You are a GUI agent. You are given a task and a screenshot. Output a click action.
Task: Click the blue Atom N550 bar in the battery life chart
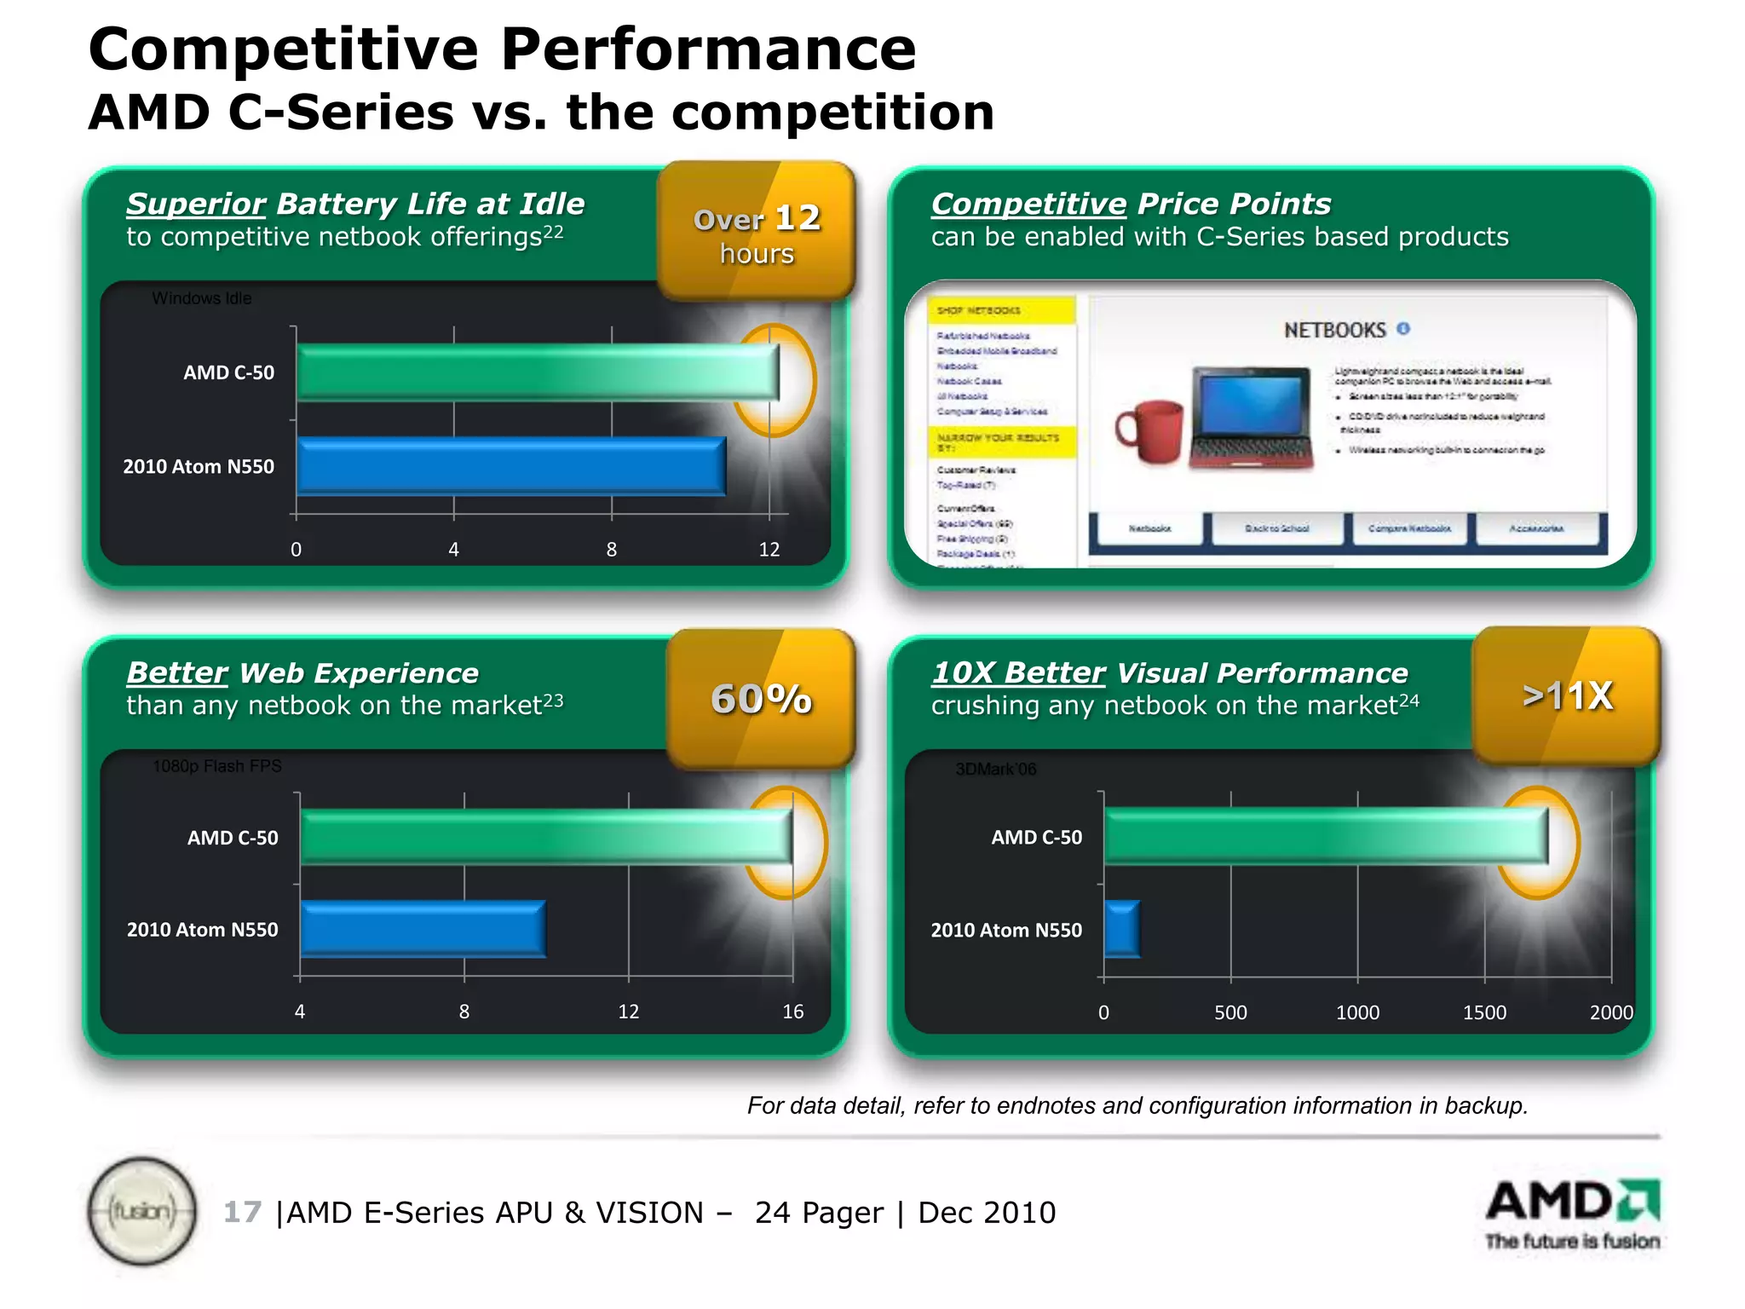pyautogui.click(x=511, y=465)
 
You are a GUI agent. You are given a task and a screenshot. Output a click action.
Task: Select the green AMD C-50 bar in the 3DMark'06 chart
pyautogui.click(x=1326, y=836)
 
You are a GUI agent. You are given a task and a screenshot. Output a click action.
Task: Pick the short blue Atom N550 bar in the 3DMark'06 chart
pyautogui.click(x=1121, y=929)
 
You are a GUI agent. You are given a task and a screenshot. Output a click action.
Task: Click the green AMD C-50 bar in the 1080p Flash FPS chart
pyautogui.click(x=545, y=836)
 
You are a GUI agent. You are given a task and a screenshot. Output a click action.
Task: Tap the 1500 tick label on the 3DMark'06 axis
pyautogui.click(x=1484, y=1012)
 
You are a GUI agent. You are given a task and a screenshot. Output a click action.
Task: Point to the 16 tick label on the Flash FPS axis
pyautogui.click(x=792, y=1012)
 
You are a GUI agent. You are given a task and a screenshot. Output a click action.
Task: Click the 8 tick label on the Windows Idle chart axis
pyautogui.click(x=611, y=550)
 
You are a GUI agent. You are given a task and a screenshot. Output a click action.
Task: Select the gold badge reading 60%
pyautogui.click(x=761, y=699)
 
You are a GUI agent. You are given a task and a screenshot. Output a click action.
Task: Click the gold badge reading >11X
pyautogui.click(x=1567, y=695)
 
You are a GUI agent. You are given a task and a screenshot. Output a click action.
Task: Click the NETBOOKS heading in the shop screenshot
pyautogui.click(x=1335, y=330)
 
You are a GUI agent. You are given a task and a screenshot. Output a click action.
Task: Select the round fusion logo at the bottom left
pyautogui.click(x=142, y=1211)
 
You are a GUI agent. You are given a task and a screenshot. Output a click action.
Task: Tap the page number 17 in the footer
pyautogui.click(x=242, y=1212)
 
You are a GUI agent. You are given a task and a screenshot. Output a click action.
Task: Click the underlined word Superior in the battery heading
pyautogui.click(x=196, y=205)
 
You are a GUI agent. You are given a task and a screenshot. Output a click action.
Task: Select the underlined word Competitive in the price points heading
pyautogui.click(x=1028, y=205)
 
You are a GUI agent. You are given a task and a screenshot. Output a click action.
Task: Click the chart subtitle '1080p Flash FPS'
pyautogui.click(x=217, y=766)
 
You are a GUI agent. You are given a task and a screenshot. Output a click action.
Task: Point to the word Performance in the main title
pyautogui.click(x=708, y=49)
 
